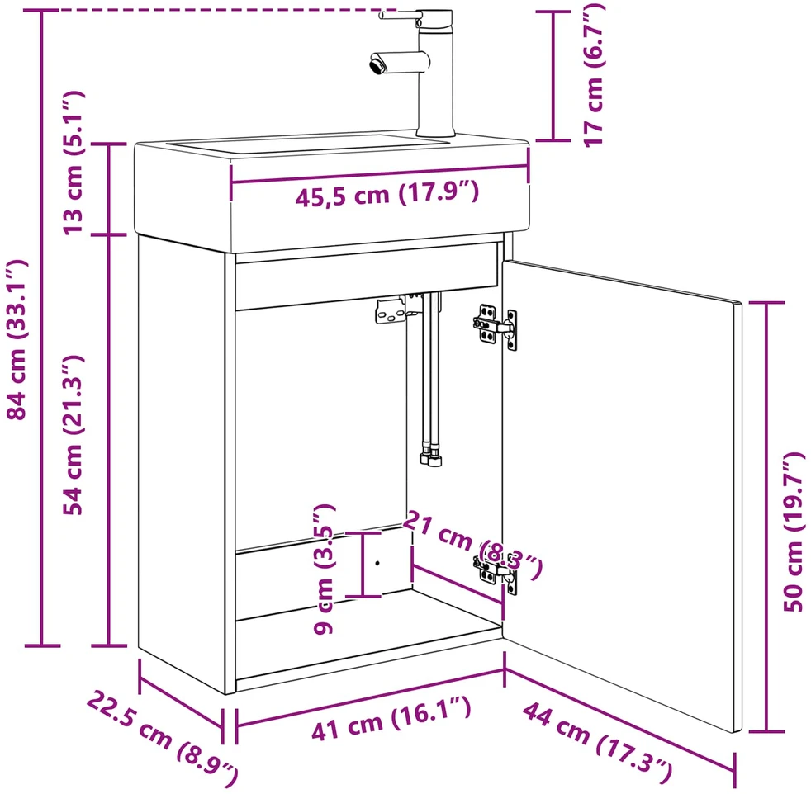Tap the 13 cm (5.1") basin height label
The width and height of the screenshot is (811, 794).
pos(73,163)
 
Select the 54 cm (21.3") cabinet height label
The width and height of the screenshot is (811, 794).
pos(73,435)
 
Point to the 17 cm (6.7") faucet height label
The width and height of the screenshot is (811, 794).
pos(594,75)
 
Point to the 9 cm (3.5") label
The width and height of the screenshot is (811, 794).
pos(325,570)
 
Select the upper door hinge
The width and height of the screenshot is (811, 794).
pos(496,326)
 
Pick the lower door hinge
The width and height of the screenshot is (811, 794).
pos(496,573)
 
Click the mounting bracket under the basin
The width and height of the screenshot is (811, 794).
pos(391,310)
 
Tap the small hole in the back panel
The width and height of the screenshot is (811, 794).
pos(377,563)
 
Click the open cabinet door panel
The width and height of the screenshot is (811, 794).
pos(622,495)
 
